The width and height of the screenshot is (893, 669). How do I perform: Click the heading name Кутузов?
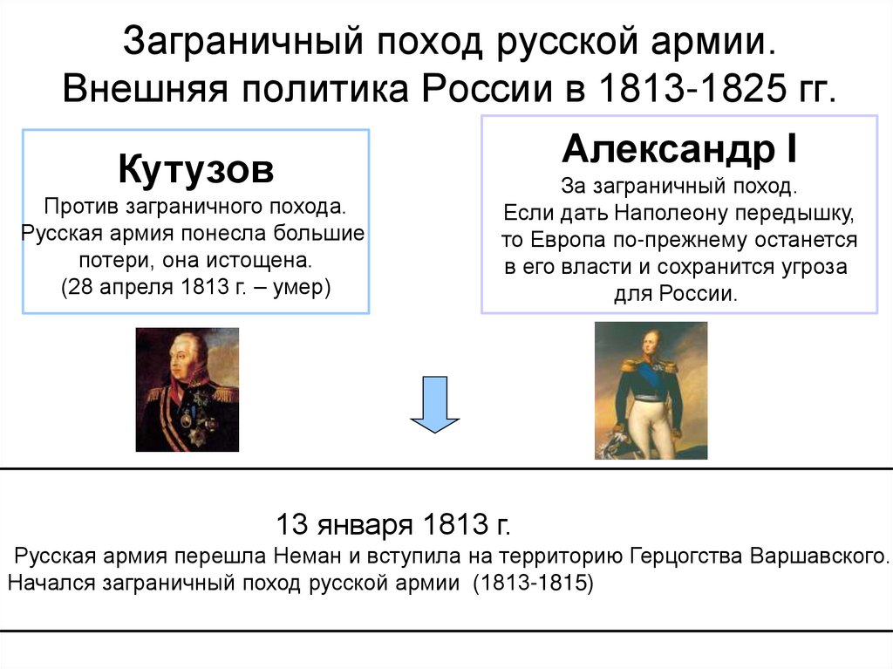[195, 169]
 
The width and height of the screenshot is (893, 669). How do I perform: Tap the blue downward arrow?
[433, 404]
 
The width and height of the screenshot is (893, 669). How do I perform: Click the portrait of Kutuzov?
[187, 389]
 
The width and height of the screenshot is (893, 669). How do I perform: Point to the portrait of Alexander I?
[651, 390]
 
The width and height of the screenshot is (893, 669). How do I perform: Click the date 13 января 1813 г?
[392, 526]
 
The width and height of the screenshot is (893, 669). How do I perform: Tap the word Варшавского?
[824, 556]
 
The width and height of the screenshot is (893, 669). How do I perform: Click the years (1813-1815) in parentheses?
[533, 583]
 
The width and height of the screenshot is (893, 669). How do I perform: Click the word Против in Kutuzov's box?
[76, 208]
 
